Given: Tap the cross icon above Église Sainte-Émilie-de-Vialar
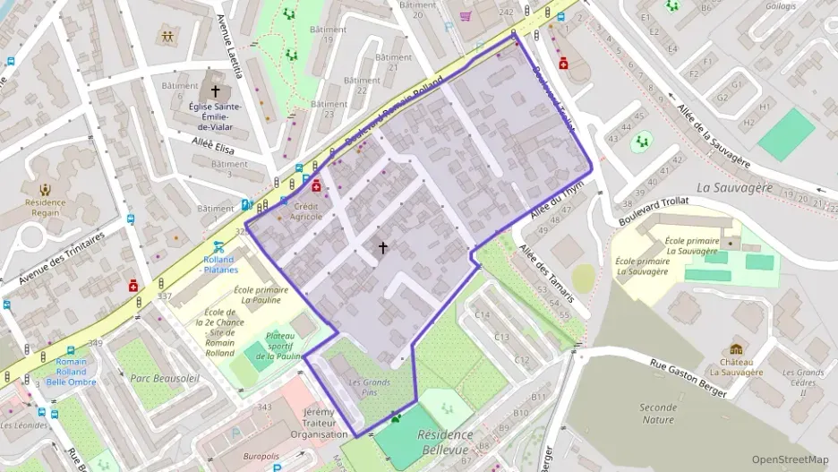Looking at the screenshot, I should pyautogui.click(x=215, y=91).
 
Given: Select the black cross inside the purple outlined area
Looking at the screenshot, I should pyautogui.click(x=383, y=247).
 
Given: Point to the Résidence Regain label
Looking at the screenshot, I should pyautogui.click(x=45, y=208).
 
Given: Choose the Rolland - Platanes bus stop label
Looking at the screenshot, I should pyautogui.click(x=218, y=264).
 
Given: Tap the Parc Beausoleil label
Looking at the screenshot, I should pyautogui.click(x=165, y=378).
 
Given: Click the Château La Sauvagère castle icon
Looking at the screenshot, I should pyautogui.click(x=736, y=349).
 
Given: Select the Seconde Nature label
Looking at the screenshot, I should pyautogui.click(x=658, y=414).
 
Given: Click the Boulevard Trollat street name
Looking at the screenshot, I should pyautogui.click(x=654, y=210).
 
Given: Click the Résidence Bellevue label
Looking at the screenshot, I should pyautogui.click(x=446, y=441).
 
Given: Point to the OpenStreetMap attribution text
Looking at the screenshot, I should pyautogui.click(x=790, y=459).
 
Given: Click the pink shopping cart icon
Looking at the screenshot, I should pyautogui.click(x=466, y=15).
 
